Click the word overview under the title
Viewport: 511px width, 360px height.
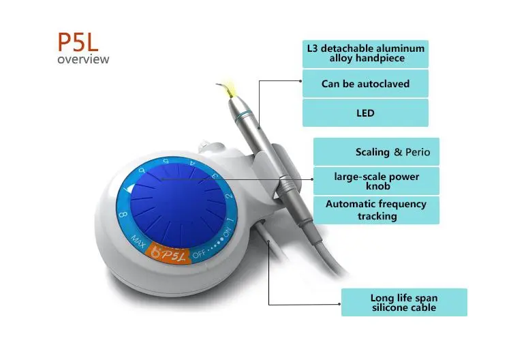tap(83, 59)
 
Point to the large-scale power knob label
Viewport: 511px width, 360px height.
tap(376, 181)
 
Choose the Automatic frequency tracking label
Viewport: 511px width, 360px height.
tap(376, 209)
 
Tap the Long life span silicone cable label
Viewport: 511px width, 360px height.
tap(404, 303)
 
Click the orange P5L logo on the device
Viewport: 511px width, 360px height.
tap(166, 252)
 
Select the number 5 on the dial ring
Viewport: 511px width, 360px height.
tap(166, 160)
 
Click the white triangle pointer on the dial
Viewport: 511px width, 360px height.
tap(129, 185)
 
